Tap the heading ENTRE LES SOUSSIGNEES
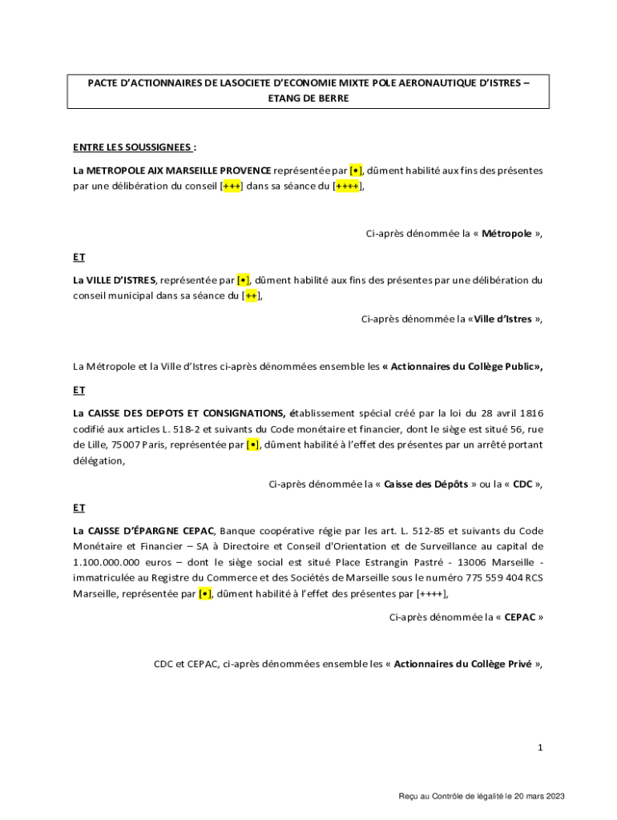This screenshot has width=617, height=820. (132, 147)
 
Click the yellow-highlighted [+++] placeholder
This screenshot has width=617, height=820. (232, 187)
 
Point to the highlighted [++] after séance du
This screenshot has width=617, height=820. (251, 295)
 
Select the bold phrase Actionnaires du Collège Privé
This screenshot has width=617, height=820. (462, 664)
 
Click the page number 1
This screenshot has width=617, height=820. (541, 748)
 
